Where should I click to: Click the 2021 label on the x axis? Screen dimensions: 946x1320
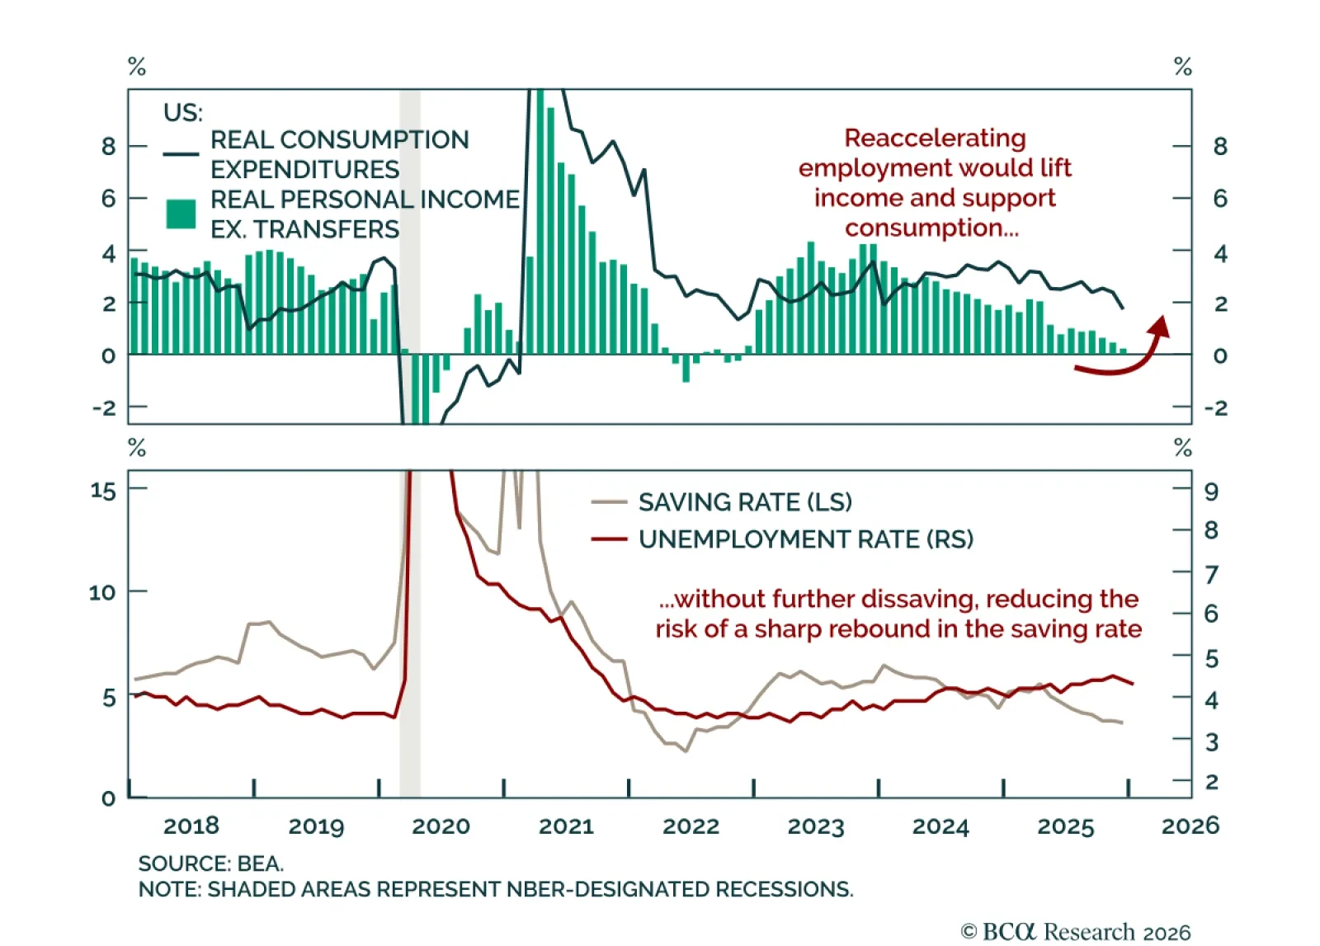click(566, 826)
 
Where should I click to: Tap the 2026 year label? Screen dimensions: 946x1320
click(1190, 826)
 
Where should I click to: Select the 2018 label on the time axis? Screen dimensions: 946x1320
click(191, 826)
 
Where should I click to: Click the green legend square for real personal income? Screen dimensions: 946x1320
click(181, 214)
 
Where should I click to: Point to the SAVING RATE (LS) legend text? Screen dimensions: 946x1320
click(745, 502)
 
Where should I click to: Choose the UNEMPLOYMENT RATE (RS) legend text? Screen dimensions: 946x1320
click(806, 539)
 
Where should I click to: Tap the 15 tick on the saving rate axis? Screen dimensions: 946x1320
click(103, 491)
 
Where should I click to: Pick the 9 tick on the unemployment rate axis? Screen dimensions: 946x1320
click(1211, 492)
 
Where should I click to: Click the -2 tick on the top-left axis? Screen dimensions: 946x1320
click(105, 408)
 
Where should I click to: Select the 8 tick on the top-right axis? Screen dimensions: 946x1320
click(1220, 147)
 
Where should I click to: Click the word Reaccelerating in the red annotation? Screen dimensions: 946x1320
click(935, 138)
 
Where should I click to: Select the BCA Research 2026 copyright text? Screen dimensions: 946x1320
click(1076, 932)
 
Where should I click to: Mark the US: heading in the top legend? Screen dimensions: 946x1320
click(182, 112)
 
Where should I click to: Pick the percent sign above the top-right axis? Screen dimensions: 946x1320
click(1182, 67)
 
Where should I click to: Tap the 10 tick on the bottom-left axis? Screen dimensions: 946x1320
click(101, 592)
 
